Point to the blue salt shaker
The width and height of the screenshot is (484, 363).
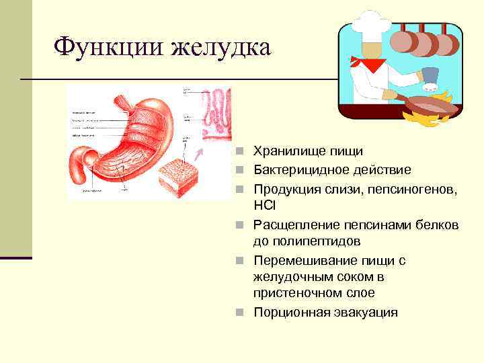pos(431,79)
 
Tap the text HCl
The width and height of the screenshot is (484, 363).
pos(264,205)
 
